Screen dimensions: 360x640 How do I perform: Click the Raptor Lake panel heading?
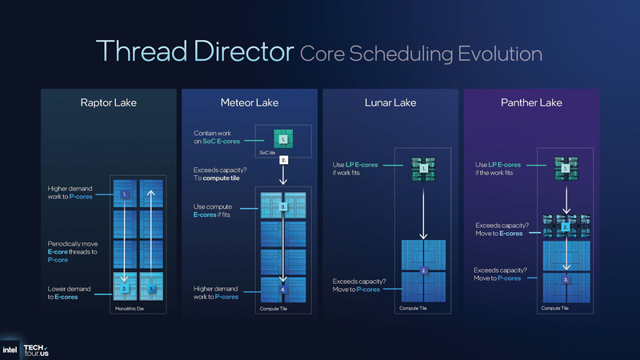point(109,102)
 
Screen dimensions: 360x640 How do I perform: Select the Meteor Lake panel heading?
point(249,102)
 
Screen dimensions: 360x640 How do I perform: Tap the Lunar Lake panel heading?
point(390,102)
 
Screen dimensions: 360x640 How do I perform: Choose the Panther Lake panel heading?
point(530,102)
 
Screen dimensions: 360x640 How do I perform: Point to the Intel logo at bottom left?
point(10,350)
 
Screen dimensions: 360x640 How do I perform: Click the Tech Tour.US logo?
point(36,350)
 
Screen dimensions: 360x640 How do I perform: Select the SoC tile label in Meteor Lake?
point(267,150)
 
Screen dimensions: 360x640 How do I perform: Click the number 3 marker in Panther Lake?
point(566,281)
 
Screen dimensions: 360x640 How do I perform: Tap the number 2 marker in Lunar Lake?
point(424,272)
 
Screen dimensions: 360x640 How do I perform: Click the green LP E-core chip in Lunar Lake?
point(424,167)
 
